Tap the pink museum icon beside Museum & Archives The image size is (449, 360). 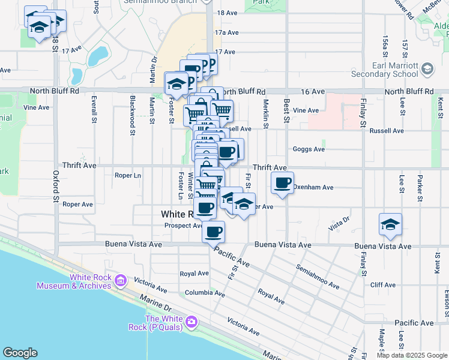click(121, 280)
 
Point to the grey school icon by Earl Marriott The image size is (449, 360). click(427, 70)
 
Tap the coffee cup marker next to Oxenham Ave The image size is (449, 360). click(283, 182)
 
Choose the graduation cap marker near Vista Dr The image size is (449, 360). click(390, 224)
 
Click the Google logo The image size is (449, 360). click(20, 353)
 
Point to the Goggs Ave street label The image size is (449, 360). click(308, 149)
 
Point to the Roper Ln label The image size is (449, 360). click(127, 176)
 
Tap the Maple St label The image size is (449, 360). click(382, 342)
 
